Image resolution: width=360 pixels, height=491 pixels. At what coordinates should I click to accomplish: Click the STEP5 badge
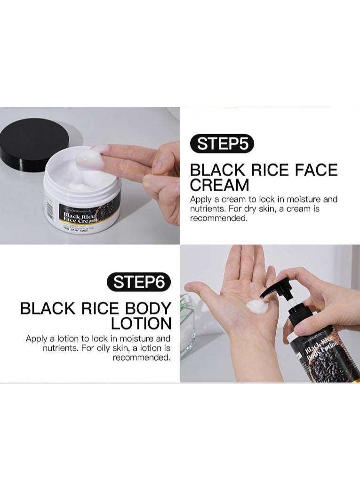coord(222,144)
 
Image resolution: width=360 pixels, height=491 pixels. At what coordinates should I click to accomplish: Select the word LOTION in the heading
coord(141,323)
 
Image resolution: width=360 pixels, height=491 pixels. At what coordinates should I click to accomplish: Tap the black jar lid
coord(33,144)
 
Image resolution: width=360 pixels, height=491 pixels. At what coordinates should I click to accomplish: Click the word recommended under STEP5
coord(218,218)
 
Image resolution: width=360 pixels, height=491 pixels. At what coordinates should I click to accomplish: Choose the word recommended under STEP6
coord(141,357)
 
